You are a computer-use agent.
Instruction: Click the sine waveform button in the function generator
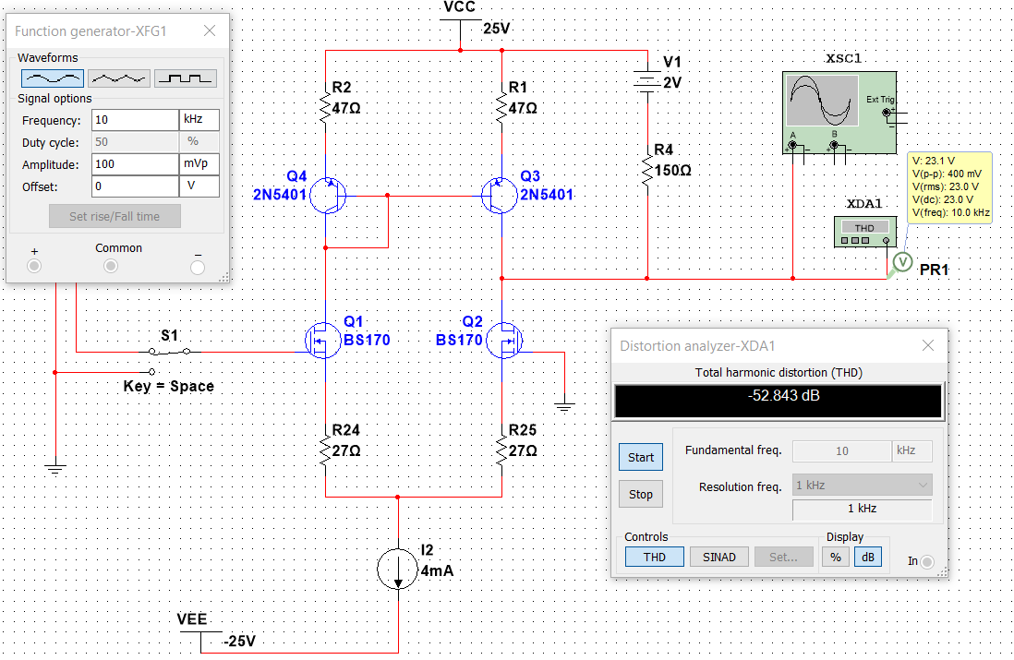(53, 78)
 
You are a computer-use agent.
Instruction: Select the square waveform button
(186, 78)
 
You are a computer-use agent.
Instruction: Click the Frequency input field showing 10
(135, 120)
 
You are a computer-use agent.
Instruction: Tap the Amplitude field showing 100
(135, 164)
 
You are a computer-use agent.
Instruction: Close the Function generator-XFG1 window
(210, 31)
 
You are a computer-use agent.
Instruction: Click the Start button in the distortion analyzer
(641, 457)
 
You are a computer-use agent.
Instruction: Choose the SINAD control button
(719, 557)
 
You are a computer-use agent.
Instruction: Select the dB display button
(868, 557)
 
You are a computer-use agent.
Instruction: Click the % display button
(836, 557)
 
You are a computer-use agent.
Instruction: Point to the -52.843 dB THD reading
(784, 396)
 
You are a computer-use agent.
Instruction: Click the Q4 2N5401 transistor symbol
(328, 195)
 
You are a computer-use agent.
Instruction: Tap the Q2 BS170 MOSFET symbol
(503, 340)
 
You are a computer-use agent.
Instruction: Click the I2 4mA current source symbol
(398, 569)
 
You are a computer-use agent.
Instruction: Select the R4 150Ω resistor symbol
(647, 169)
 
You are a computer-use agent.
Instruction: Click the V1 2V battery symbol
(647, 81)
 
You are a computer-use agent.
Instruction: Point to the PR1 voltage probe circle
(903, 262)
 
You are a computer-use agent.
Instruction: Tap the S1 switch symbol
(169, 352)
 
